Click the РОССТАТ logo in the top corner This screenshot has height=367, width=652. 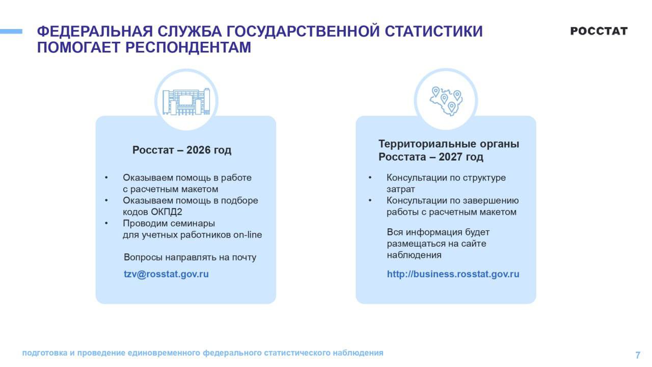coord(599,31)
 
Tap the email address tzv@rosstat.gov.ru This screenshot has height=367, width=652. coord(166,274)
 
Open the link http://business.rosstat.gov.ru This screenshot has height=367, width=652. coord(453,274)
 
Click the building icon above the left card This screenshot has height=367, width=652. coord(186,101)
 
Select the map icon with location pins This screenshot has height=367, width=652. coord(446,100)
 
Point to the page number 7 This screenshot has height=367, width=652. coord(638,355)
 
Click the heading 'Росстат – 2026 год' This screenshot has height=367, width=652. coord(182,150)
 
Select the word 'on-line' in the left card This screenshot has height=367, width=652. coord(248,235)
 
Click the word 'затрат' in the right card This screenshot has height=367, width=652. coord(401,189)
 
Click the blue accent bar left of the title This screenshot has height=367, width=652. coord(11,32)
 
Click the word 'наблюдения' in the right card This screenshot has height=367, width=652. coord(414,255)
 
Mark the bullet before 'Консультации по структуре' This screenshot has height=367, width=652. coord(370,178)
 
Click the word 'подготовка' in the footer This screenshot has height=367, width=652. coord(45,353)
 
